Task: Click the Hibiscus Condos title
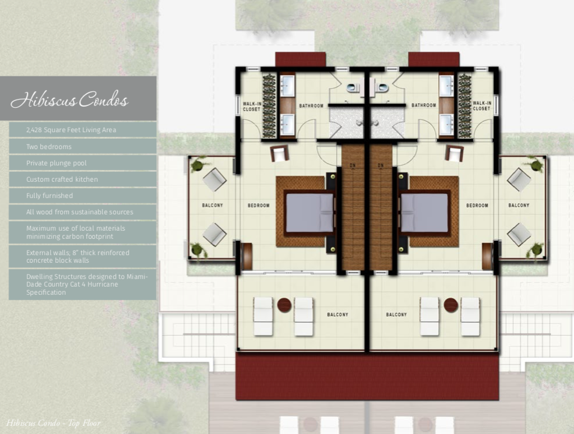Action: [x=69, y=99]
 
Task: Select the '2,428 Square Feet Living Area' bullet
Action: [x=71, y=130]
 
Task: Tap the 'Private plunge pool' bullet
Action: [x=57, y=163]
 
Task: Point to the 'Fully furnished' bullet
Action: [x=50, y=196]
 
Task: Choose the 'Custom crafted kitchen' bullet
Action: [x=62, y=179]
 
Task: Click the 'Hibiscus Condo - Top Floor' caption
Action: [x=53, y=424]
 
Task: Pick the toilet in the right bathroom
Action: [x=381, y=88]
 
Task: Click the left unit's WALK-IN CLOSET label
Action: [x=252, y=107]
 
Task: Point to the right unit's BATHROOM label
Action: [x=424, y=105]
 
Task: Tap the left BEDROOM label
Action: [x=259, y=206]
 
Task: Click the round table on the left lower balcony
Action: [x=284, y=305]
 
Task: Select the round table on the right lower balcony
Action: [x=450, y=305]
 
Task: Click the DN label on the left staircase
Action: [x=353, y=166]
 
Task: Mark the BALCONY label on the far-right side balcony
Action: [x=519, y=205]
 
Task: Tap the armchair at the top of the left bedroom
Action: [x=280, y=154]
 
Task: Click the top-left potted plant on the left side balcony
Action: [x=198, y=164]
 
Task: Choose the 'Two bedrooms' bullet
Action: [x=49, y=147]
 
